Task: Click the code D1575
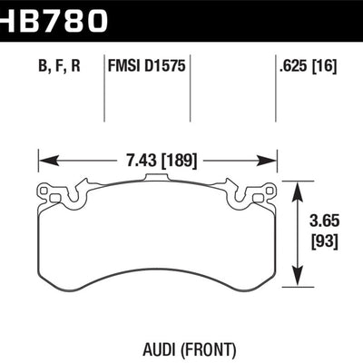coord(167,65)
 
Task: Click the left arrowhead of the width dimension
coord(44,161)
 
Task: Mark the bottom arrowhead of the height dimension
coord(296,280)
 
